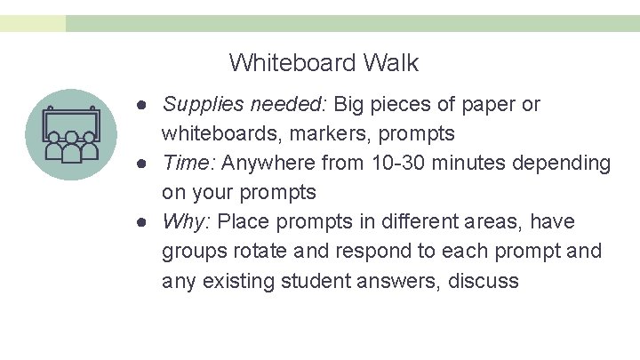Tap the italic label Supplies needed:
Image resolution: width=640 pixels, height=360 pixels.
[x=245, y=105]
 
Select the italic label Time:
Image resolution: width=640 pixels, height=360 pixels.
[x=190, y=164]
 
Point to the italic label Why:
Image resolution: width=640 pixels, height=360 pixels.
[x=187, y=221]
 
